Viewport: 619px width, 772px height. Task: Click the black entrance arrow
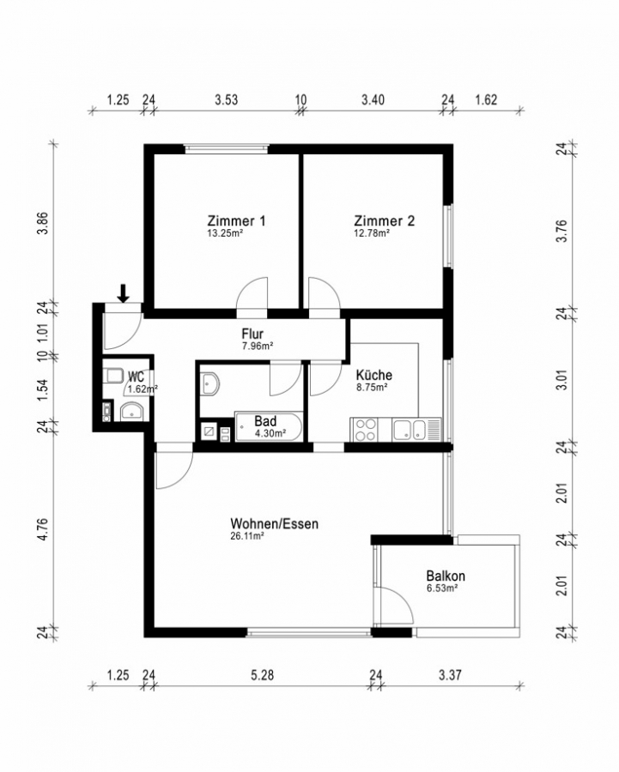(124, 293)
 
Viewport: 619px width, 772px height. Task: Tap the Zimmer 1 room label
(237, 220)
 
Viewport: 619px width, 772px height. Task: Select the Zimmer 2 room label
(385, 220)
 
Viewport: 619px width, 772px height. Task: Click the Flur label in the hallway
(252, 334)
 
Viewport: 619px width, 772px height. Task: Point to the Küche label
(374, 375)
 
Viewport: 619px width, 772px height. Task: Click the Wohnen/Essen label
(275, 523)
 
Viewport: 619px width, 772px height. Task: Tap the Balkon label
(446, 576)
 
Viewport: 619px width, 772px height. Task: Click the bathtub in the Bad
(269, 427)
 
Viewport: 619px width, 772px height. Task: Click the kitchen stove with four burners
(364, 430)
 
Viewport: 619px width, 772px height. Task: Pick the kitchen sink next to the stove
(409, 430)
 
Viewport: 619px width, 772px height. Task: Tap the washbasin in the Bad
(210, 383)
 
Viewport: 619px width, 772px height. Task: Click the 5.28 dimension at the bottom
(262, 674)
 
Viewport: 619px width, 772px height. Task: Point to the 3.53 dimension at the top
(226, 100)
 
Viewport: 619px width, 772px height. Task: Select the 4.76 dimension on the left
(44, 529)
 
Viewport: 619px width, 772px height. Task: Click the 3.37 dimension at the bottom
(450, 674)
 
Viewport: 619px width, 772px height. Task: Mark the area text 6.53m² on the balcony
(442, 588)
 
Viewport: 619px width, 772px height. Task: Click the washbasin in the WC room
(131, 412)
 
